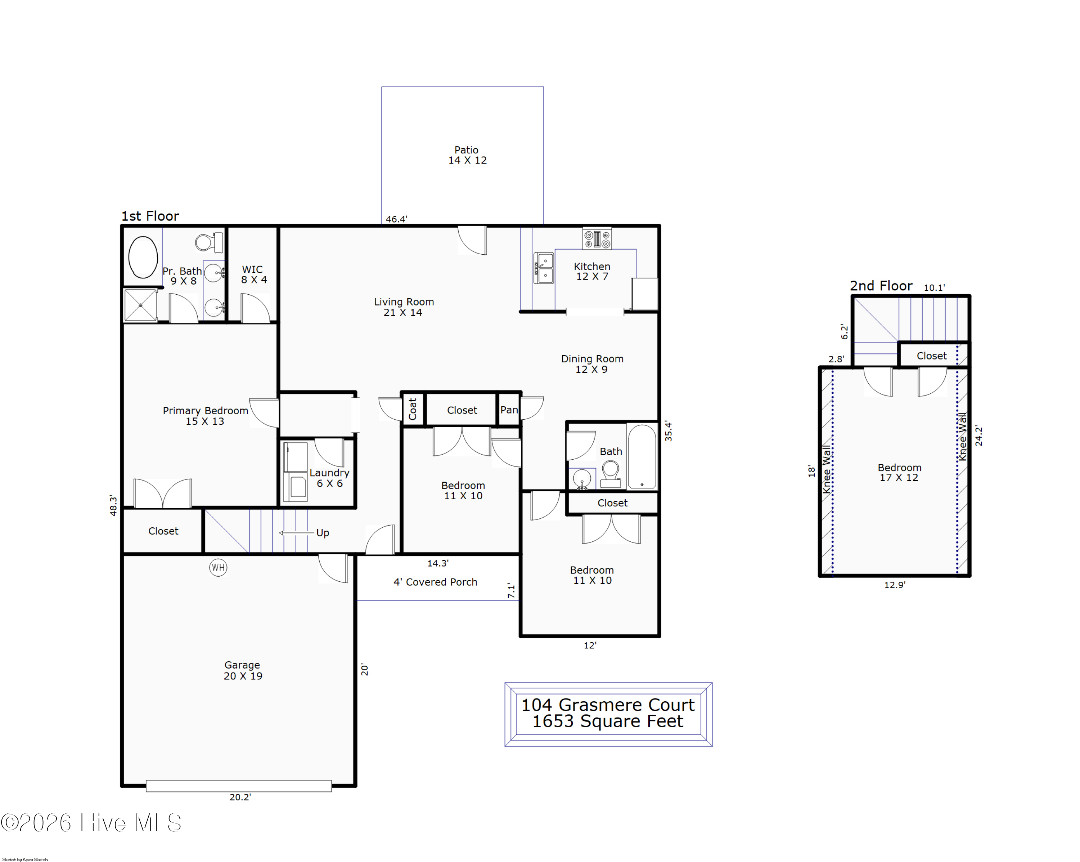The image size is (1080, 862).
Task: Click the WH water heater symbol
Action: click(218, 567)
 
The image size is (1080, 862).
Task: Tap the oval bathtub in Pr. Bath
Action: click(143, 257)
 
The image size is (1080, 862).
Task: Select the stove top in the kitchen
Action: click(597, 238)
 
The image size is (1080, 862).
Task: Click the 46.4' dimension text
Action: click(396, 219)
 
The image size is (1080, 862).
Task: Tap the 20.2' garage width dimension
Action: click(240, 797)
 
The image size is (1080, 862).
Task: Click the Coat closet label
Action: click(413, 408)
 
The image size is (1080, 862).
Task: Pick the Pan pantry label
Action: click(509, 410)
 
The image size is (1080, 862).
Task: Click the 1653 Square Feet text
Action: click(608, 721)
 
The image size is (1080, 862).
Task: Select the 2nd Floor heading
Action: click(881, 286)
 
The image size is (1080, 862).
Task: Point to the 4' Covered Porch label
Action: click(435, 582)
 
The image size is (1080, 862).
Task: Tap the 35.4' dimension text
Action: click(668, 431)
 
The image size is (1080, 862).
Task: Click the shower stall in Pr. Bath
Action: click(141, 305)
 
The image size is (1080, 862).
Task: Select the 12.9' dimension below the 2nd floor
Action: click(895, 585)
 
